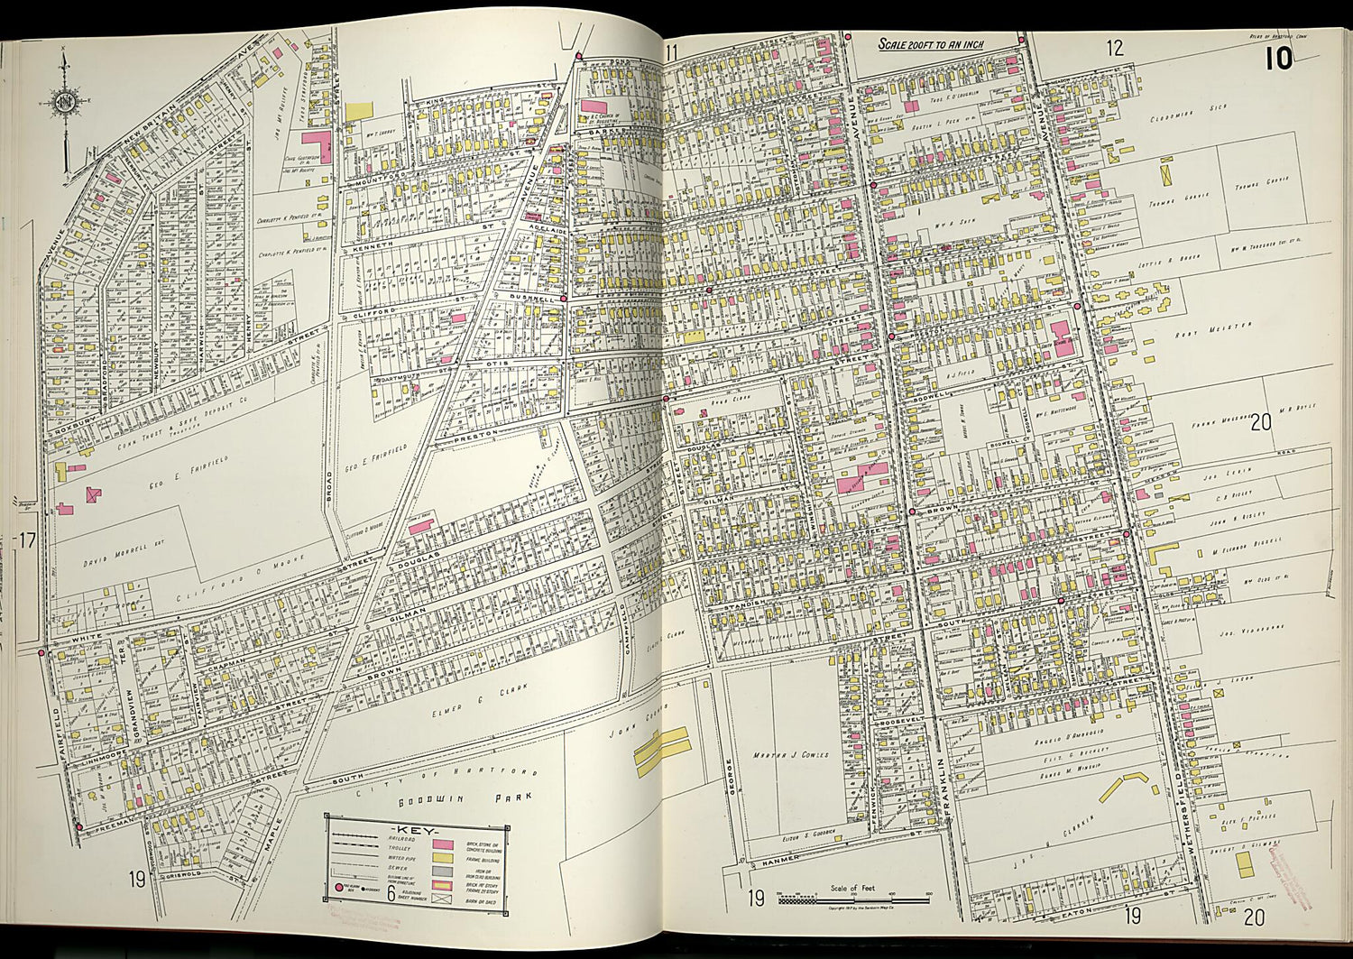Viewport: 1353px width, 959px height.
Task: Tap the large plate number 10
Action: pyautogui.click(x=1278, y=59)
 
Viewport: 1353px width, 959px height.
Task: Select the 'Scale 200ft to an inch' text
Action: pyautogui.click(x=932, y=44)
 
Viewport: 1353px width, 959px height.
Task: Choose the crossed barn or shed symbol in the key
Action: pyautogui.click(x=442, y=899)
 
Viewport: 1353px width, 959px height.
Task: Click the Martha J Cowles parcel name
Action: pyautogui.click(x=790, y=754)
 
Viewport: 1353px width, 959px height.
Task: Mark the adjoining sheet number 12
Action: pyautogui.click(x=1116, y=49)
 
